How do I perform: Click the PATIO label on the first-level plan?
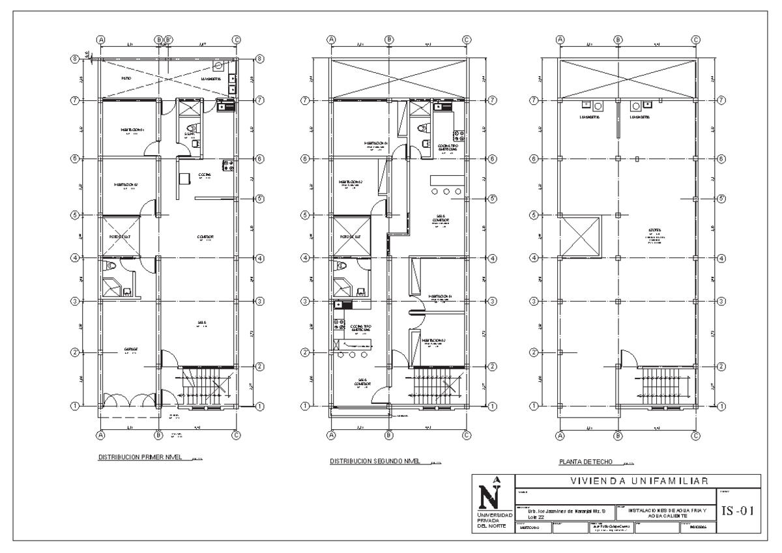tap(127, 78)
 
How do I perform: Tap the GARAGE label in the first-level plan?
tap(131, 350)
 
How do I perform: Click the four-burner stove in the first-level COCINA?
tap(227, 165)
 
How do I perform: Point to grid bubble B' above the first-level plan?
tap(169, 40)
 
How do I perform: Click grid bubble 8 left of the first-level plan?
tap(74, 59)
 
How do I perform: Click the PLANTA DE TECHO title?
tap(585, 462)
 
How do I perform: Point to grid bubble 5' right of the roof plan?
tap(721, 199)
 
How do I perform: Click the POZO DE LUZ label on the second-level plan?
tap(352, 236)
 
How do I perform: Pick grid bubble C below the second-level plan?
tap(467, 436)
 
